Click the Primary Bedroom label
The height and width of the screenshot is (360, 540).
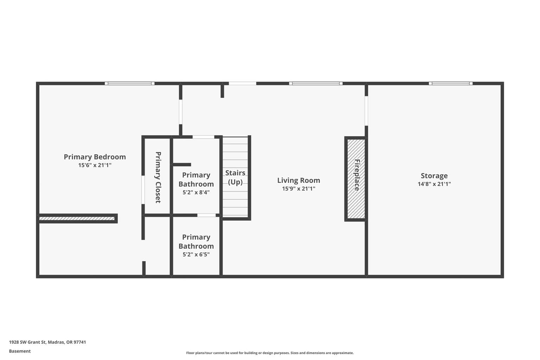coord(95,157)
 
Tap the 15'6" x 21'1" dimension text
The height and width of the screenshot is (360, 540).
coord(95,165)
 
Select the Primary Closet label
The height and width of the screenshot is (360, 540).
coord(158,177)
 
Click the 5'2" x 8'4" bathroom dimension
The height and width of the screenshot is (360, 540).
coord(196,192)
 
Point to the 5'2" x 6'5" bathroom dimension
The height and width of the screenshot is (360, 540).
coord(196,255)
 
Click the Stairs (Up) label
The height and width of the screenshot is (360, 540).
coord(235,177)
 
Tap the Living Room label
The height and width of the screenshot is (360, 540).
coord(299,180)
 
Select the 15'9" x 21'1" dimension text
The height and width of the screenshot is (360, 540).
coord(299,188)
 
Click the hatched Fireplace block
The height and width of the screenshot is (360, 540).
coord(356,179)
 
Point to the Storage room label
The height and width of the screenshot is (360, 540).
coord(434,176)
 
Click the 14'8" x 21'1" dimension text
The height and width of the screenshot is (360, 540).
coord(434,184)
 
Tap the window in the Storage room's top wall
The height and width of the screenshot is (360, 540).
coord(451,83)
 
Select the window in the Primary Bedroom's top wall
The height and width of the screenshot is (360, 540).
coord(130,83)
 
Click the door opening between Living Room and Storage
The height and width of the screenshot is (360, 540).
coord(366,111)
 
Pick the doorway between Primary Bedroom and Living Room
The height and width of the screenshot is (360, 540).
coord(181,112)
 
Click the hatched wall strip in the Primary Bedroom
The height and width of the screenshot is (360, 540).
coord(77,218)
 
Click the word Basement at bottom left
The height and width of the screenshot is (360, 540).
coord(20,351)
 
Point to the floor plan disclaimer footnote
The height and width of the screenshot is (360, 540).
coord(270,353)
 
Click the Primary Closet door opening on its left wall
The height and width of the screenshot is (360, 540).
coord(143,190)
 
